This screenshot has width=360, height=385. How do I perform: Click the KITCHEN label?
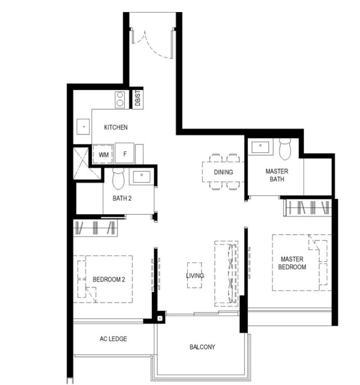[116, 127]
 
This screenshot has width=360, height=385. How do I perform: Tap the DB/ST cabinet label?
[138, 98]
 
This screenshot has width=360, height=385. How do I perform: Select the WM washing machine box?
[103, 154]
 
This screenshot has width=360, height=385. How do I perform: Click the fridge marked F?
[125, 153]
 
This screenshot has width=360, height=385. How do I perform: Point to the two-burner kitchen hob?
[120, 99]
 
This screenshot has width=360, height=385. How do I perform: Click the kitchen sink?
[83, 127]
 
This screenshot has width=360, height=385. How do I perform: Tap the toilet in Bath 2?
[118, 179]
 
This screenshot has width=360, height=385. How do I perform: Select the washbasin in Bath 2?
[141, 177]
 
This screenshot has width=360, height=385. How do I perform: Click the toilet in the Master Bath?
[285, 149]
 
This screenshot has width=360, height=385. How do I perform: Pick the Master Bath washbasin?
[260, 147]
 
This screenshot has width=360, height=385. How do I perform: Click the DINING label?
[223, 172]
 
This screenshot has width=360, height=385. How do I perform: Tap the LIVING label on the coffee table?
[195, 276]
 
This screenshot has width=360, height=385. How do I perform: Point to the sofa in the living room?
[226, 273]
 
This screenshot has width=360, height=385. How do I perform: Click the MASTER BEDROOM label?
[292, 263]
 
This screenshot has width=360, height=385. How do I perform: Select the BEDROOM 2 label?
[109, 279]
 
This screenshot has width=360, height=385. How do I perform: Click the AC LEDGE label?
[113, 339]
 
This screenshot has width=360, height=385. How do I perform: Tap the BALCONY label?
[202, 347]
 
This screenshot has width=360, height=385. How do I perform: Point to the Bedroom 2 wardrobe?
[95, 228]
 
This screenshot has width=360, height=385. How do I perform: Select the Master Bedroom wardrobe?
[308, 208]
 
